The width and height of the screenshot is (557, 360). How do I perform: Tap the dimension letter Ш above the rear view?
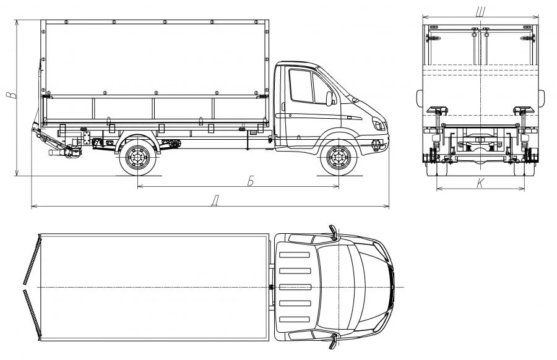(x=480, y=11)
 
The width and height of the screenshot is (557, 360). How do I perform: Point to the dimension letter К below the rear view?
(x=480, y=182)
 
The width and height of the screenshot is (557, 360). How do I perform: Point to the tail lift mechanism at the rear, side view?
(x=59, y=146)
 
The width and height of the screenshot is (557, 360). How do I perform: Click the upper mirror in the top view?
(x=334, y=233)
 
